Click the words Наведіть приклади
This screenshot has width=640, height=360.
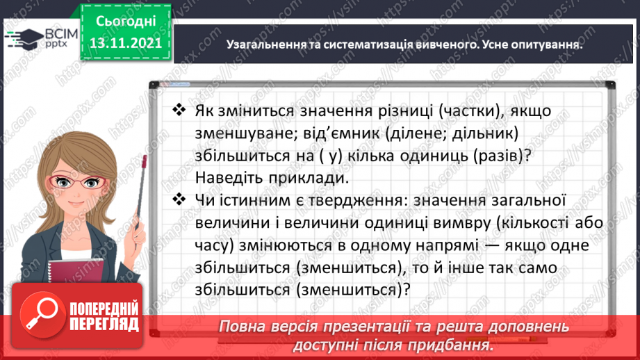click(270, 177)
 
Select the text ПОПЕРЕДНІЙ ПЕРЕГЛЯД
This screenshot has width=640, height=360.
click(105, 316)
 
